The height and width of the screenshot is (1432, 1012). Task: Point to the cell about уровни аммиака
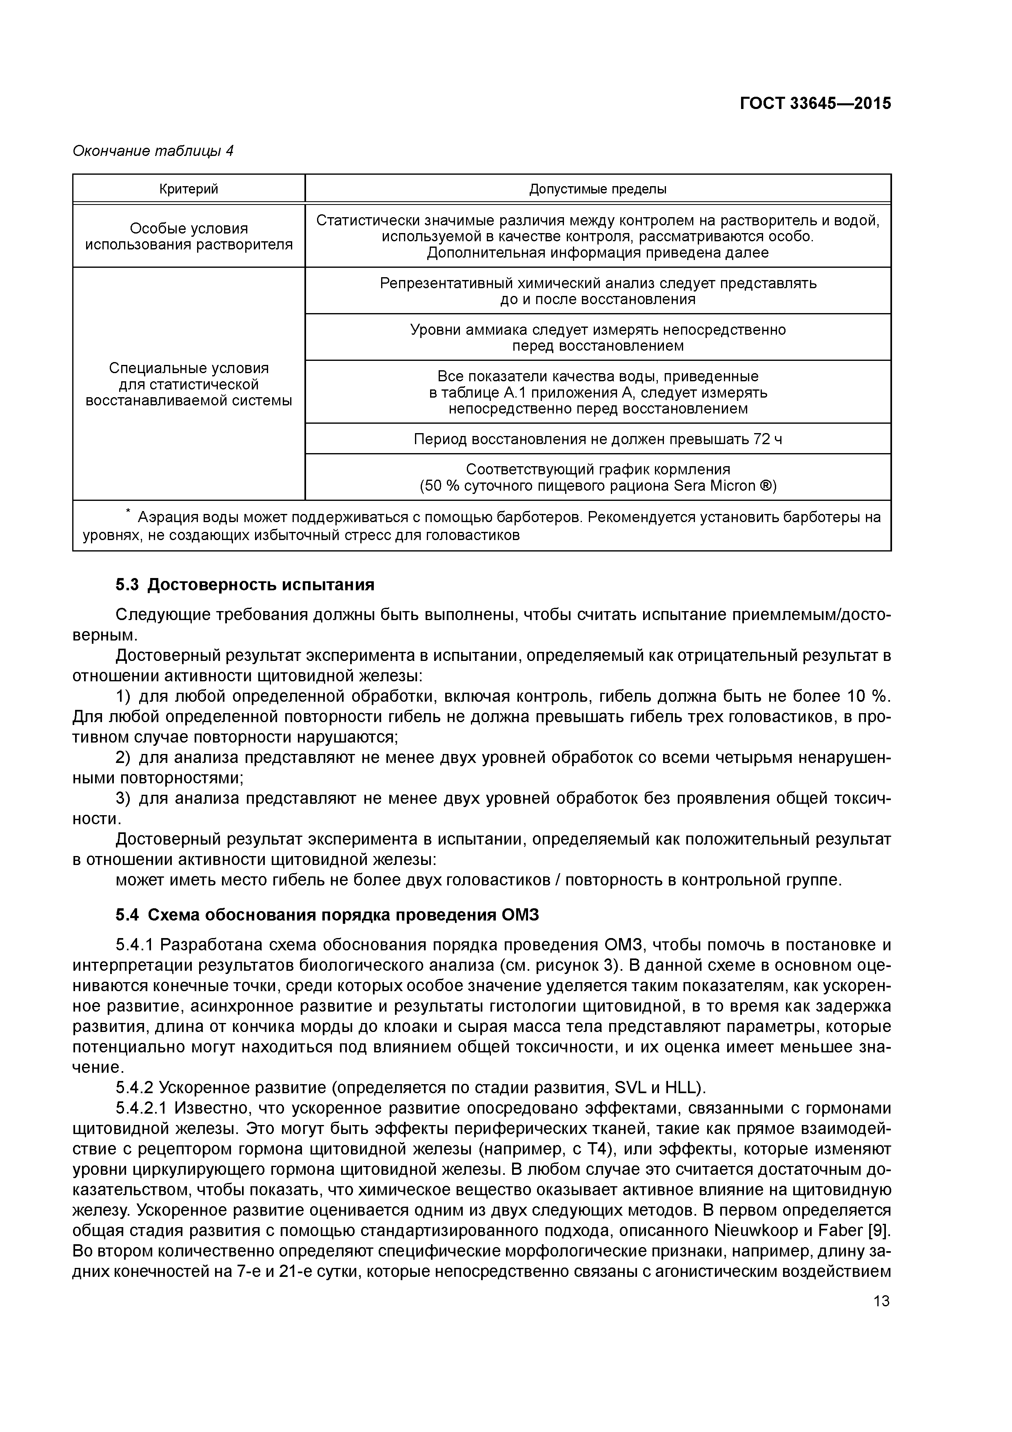(x=597, y=338)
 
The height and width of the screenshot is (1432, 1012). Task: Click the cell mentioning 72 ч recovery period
(x=597, y=439)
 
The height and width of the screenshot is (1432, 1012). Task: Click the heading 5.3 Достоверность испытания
(x=245, y=585)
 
